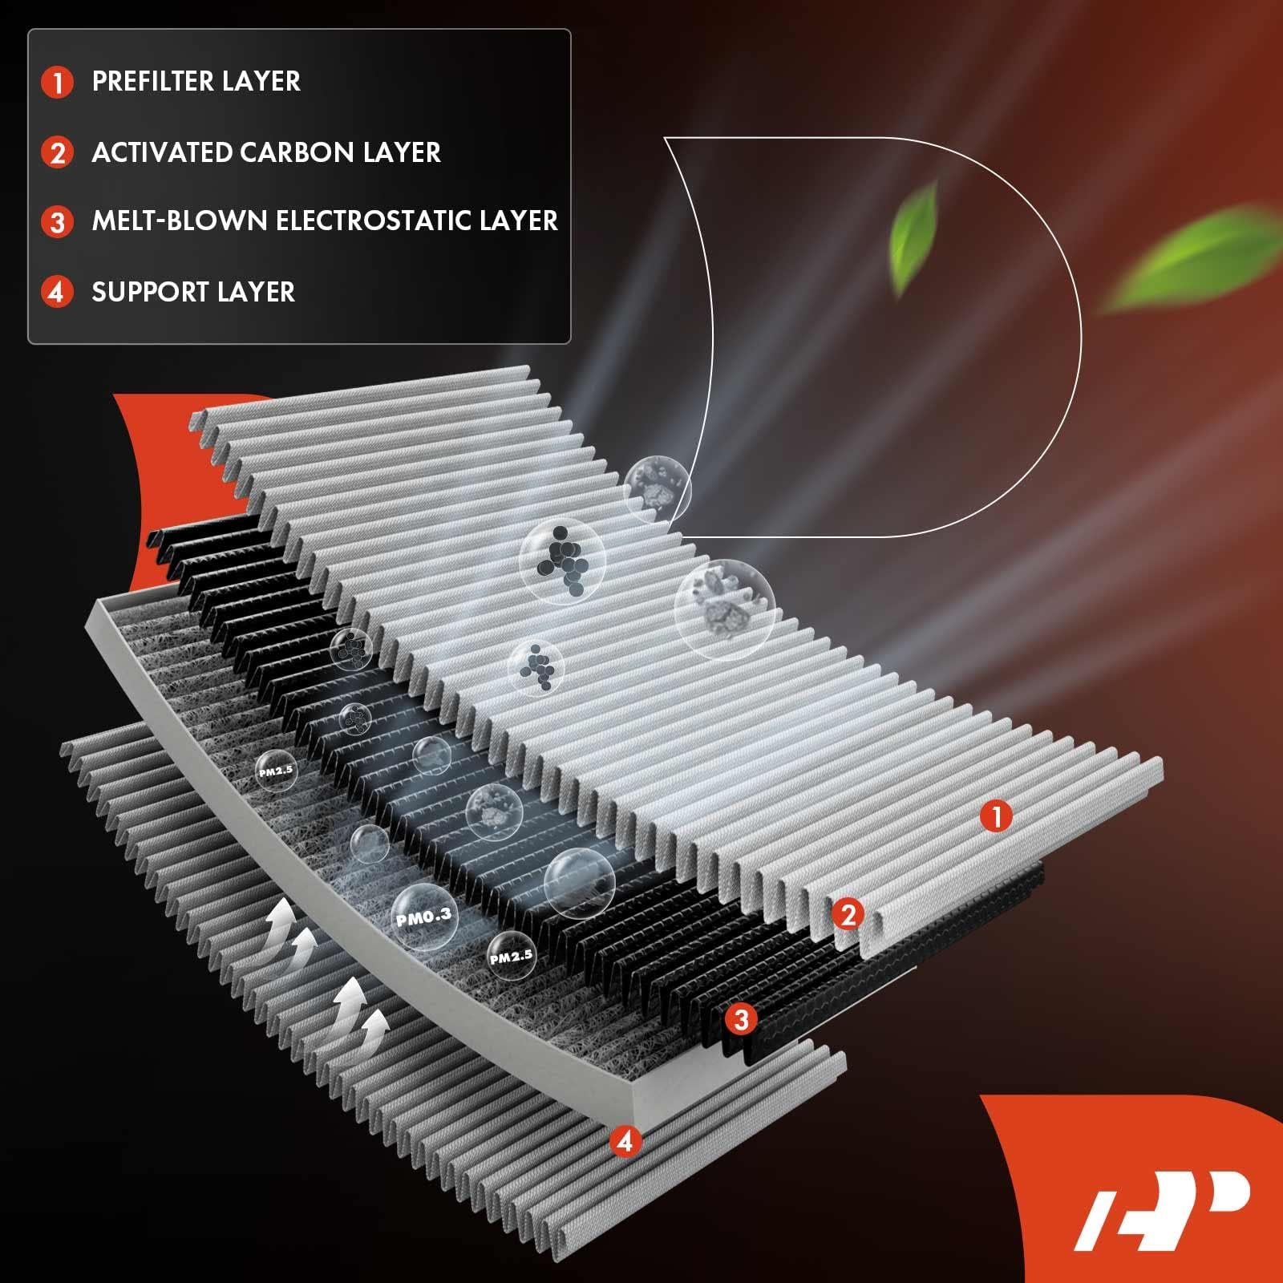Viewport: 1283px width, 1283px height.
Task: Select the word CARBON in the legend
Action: point(288,152)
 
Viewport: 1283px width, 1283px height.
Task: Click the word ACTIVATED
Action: point(149,152)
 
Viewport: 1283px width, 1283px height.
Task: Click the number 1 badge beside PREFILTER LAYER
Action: point(57,82)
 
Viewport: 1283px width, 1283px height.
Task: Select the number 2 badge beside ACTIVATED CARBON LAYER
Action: point(57,152)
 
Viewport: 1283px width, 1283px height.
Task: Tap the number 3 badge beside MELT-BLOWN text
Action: point(57,221)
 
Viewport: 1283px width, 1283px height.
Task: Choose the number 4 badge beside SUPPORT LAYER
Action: point(57,292)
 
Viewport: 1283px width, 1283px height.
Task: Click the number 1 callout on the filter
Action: point(997,817)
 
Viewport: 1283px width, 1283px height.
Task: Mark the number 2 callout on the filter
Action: point(848,913)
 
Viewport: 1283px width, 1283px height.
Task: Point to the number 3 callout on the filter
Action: point(741,1019)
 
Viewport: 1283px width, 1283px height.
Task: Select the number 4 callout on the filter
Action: point(625,1140)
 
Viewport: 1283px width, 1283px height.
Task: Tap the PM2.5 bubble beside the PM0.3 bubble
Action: point(511,956)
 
